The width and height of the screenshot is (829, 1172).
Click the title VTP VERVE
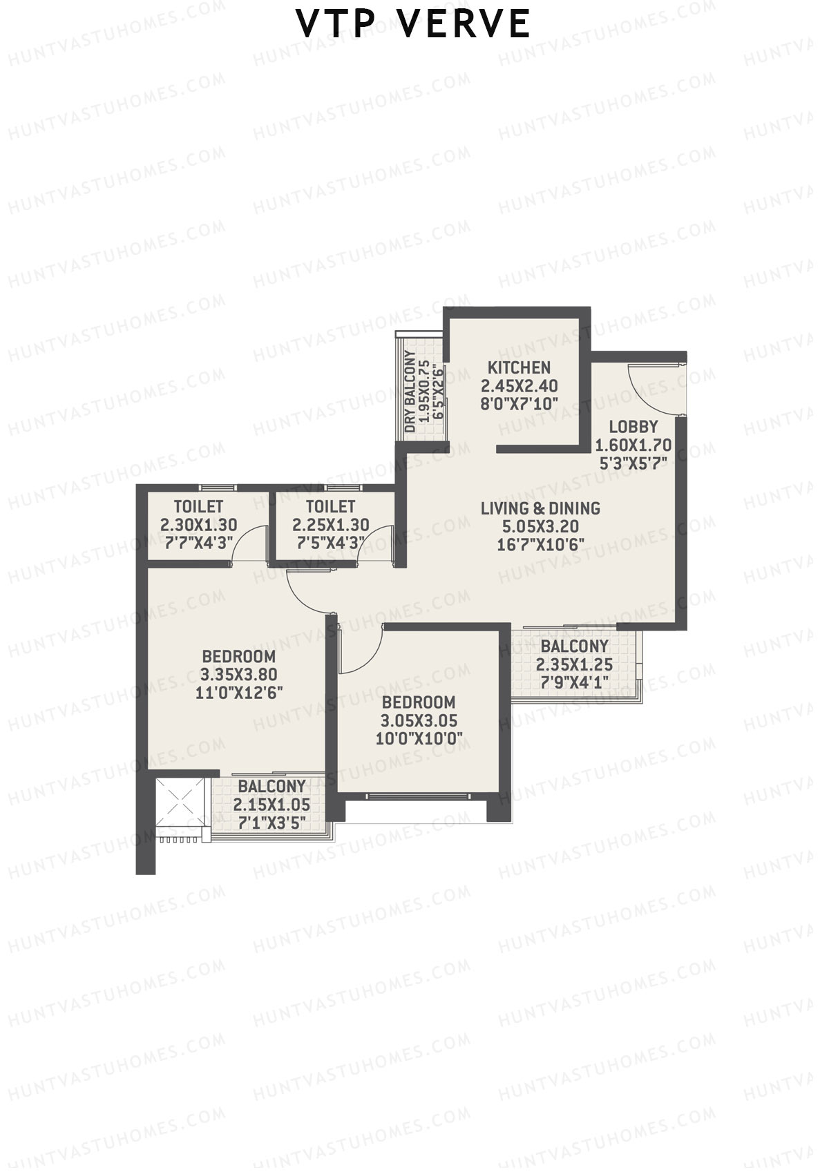[x=413, y=25]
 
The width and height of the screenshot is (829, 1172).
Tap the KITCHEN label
[x=519, y=368]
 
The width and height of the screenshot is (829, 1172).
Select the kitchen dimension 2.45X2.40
[x=519, y=386]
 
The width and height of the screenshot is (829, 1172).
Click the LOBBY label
[x=633, y=427]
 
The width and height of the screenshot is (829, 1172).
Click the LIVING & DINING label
[x=540, y=508]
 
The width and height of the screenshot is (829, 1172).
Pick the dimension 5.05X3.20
[x=540, y=526]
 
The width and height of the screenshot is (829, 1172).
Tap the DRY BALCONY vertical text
[x=410, y=392]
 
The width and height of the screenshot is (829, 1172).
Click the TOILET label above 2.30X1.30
[x=198, y=507]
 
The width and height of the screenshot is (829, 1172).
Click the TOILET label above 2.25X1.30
[x=330, y=507]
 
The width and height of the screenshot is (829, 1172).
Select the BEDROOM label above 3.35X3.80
[x=238, y=656]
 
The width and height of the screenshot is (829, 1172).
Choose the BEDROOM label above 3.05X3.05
[x=419, y=702]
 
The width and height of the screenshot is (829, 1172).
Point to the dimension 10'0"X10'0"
[x=419, y=739]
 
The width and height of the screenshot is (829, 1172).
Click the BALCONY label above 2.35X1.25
[x=574, y=646]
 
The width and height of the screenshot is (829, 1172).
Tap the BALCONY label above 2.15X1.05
[x=271, y=786]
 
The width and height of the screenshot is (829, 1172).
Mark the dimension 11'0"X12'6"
[x=238, y=693]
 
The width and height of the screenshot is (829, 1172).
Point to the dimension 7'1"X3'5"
[x=271, y=823]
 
